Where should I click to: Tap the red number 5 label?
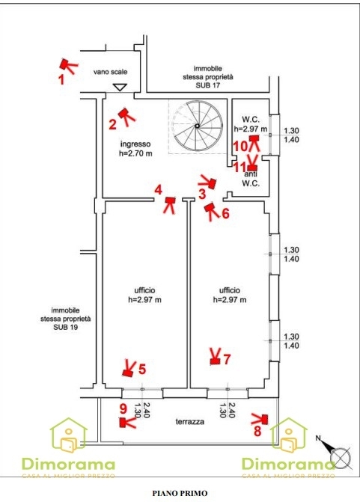142,369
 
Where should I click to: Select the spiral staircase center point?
197,126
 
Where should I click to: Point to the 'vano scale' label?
110,72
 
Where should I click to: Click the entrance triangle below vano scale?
120,87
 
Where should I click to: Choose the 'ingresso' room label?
135,144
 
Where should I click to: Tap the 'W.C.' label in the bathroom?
251,120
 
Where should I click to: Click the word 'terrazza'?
190,422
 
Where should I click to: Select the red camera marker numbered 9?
127,422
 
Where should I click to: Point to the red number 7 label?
227,359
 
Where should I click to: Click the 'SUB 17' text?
208,85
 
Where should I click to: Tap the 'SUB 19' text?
66,328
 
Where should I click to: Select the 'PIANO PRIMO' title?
180,493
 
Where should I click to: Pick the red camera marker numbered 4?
170,205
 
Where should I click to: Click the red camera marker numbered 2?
126,116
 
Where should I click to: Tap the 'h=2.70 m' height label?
135,153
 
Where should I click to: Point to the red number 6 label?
225,213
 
